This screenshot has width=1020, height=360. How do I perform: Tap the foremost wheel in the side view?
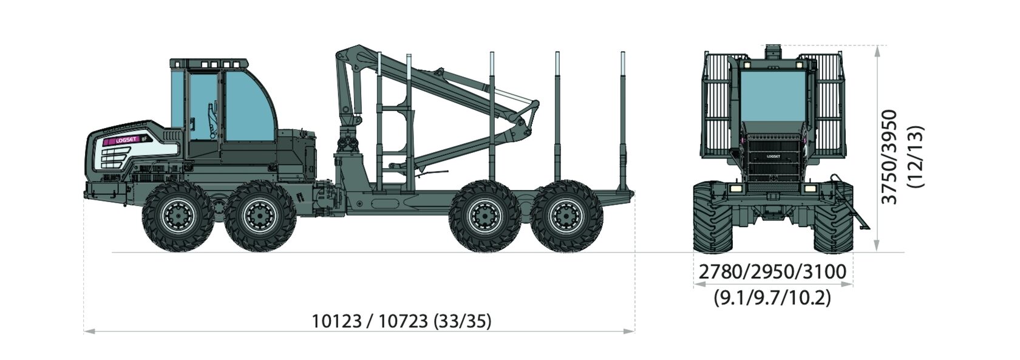(177, 217)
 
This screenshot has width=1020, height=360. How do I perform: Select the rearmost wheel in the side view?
(567, 217)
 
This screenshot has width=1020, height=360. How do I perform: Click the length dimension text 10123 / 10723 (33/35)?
(401, 321)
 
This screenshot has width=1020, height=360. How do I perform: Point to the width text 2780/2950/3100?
(773, 272)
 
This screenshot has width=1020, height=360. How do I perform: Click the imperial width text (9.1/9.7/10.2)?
(773, 298)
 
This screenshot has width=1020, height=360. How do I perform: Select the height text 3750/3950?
(889, 157)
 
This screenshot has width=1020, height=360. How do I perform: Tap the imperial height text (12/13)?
(916, 157)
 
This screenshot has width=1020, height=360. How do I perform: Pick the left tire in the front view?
(713, 217)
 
